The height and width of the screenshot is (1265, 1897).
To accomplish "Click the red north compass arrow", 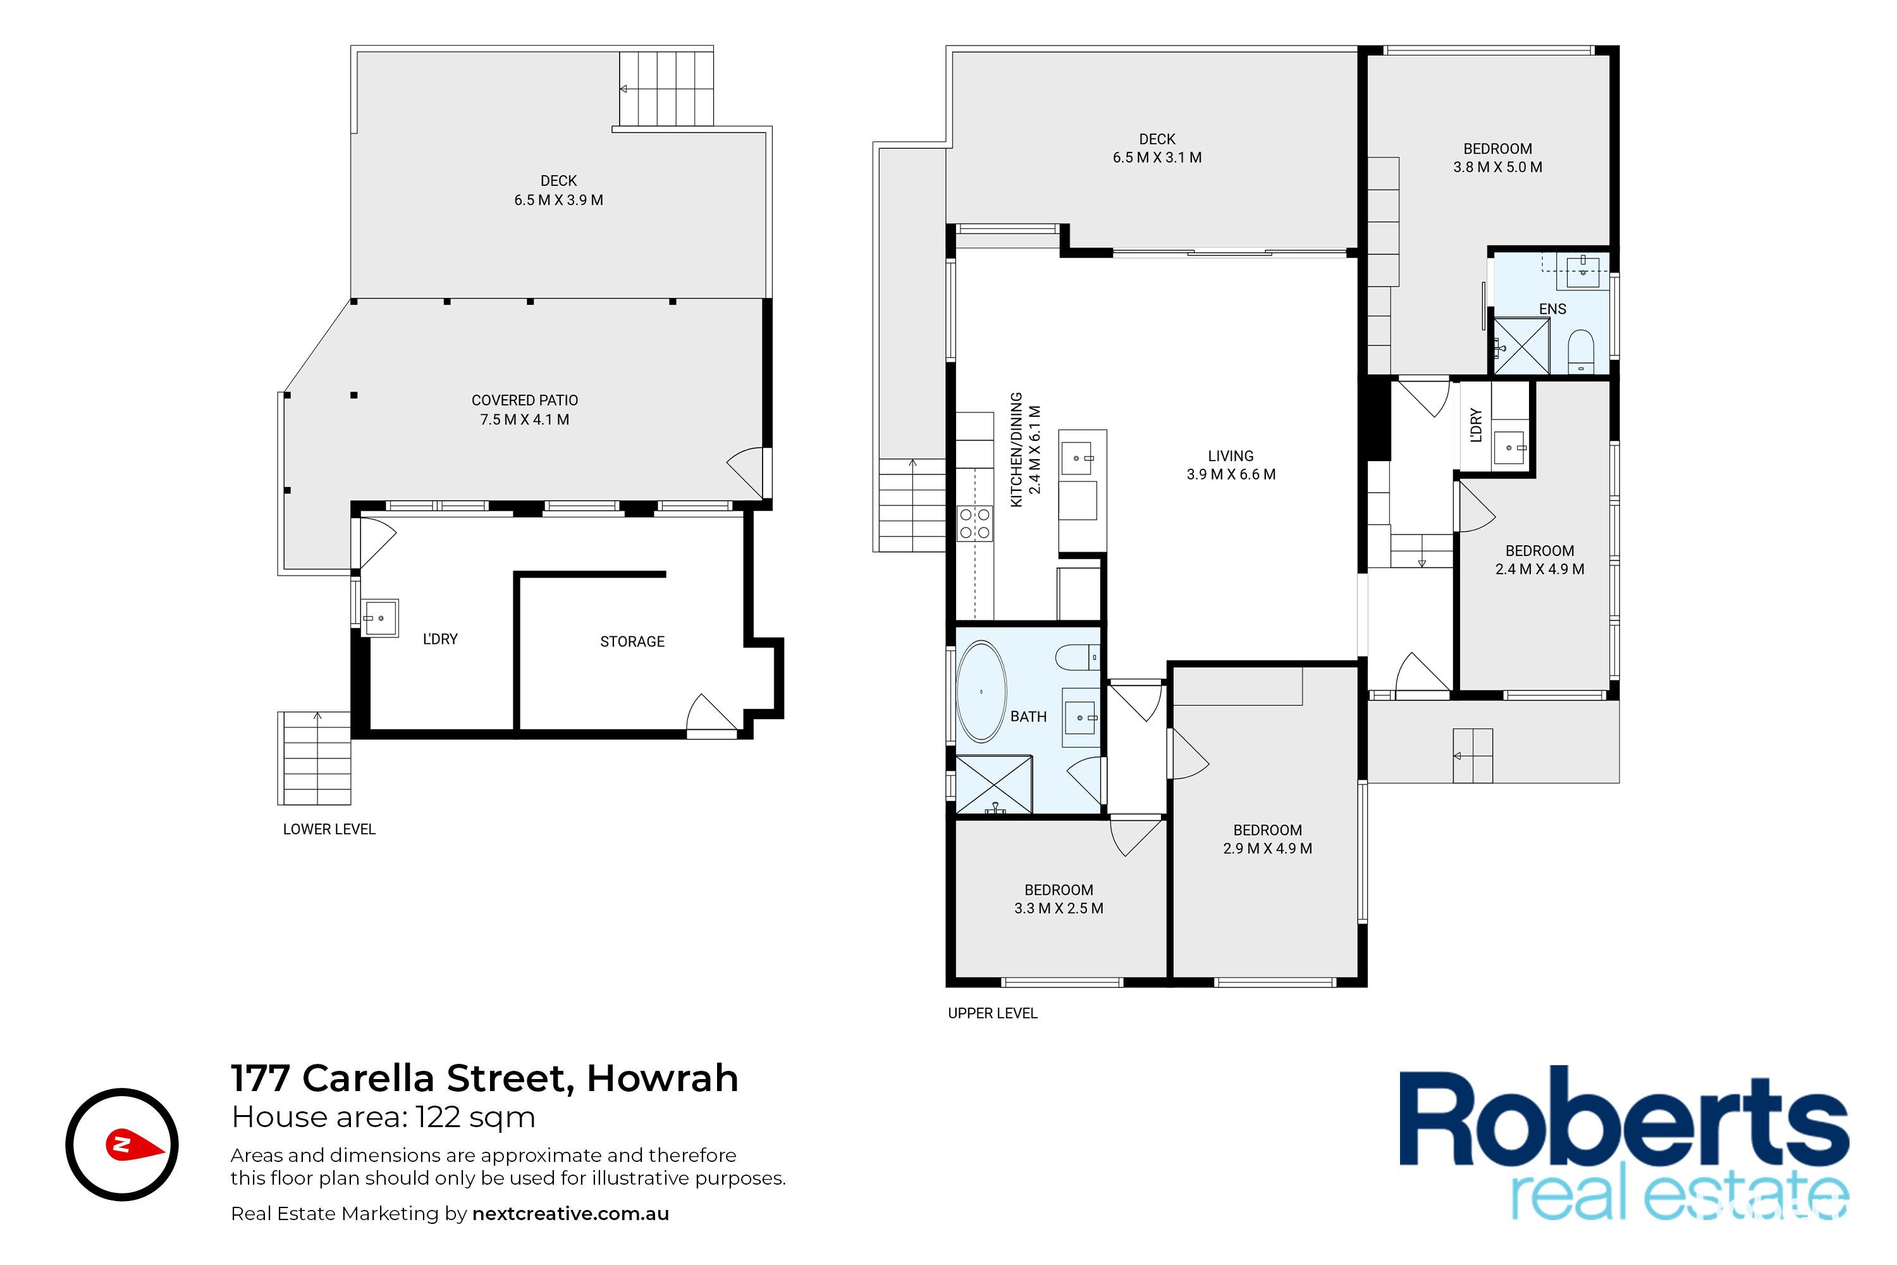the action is click(x=135, y=1145).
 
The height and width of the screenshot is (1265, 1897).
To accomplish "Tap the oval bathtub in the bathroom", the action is click(x=981, y=691).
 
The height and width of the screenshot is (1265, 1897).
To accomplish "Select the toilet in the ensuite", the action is click(x=1581, y=351).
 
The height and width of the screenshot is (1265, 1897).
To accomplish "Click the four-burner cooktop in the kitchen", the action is click(x=974, y=523).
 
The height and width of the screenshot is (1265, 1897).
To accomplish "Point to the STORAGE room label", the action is click(x=632, y=642).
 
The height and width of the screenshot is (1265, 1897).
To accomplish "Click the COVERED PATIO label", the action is click(x=525, y=400).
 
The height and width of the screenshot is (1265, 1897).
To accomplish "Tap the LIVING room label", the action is click(x=1231, y=456).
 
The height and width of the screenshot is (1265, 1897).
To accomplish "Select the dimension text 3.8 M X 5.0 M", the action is click(x=1498, y=167).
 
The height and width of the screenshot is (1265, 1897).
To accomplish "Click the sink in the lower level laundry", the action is click(x=380, y=618).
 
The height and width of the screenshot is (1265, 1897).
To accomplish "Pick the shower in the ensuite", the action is click(x=1522, y=345).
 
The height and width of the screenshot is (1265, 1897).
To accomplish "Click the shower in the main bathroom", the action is click(x=993, y=784).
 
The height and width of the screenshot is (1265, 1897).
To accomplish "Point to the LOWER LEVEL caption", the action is click(x=329, y=829).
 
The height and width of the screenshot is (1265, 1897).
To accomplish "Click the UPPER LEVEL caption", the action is click(x=992, y=1013).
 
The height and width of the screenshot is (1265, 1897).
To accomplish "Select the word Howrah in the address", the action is click(x=662, y=1078).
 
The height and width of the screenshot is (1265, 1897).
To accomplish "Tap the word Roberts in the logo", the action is click(x=1624, y=1118).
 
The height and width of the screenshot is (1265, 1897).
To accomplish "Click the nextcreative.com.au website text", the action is click(x=570, y=1214).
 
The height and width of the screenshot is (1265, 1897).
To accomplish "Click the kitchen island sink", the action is click(x=1079, y=458).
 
